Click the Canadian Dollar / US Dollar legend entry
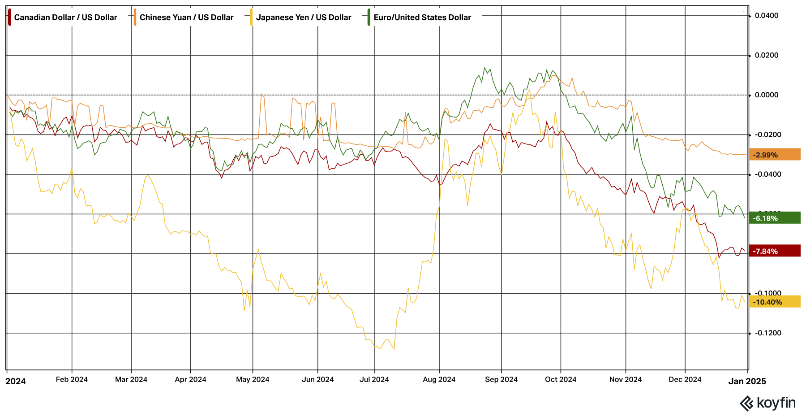pos(65,17)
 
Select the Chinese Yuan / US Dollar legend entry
pos(186,17)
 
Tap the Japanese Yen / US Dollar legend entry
pos(303,17)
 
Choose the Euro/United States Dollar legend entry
pos(422,17)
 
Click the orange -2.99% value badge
pos(774,155)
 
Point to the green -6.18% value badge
pos(774,218)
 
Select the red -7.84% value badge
pos(774,251)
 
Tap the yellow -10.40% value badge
pos(774,302)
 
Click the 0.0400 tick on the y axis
pos(767,16)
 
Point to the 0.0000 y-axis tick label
pos(767,95)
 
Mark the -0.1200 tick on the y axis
pos(767,333)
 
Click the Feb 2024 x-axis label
pos(72,379)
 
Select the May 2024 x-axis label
pos(253,379)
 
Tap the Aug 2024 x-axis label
pos(439,379)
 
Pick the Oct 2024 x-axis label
pos(561,379)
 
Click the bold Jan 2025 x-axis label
pos(747,381)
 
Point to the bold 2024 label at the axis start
pos(16,381)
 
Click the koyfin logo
pos(767,403)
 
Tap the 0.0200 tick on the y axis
pos(767,55)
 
